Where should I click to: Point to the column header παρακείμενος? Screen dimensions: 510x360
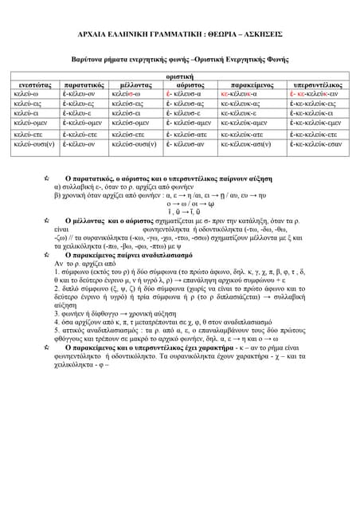(251, 84)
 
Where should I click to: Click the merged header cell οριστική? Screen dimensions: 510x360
(180, 75)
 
